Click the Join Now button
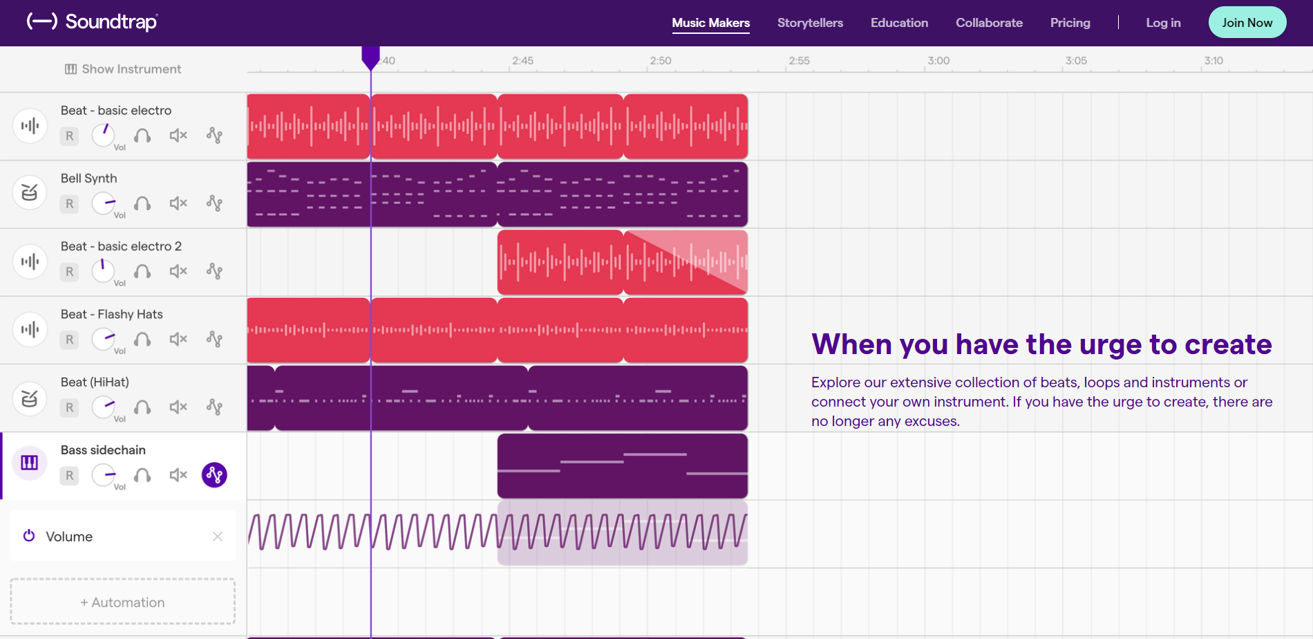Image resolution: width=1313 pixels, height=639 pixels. pos(1247,23)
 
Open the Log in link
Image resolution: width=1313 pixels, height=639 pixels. pos(1163,23)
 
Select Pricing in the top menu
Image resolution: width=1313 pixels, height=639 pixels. pos(1070,23)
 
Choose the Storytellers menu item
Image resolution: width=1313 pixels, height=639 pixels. pos(810,23)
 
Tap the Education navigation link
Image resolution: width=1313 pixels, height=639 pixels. pos(899,23)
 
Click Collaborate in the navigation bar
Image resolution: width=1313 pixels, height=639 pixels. pos(989,23)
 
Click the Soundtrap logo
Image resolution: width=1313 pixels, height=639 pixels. pos(93,22)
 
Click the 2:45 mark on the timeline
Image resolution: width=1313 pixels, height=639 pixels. pos(522,61)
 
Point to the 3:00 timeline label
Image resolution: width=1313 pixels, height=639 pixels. pos(938,61)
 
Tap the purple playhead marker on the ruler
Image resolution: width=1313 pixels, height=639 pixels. pos(370,57)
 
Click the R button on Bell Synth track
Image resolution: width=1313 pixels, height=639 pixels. pos(69,204)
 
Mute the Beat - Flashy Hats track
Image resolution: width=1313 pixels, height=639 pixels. pos(178,339)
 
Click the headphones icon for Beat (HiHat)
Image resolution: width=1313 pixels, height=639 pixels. pos(142,407)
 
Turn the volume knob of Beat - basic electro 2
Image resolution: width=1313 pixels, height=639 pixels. pos(103,270)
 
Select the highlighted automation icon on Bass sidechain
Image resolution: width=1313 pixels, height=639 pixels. pos(214,475)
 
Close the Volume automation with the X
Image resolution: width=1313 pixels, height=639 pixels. pos(218,537)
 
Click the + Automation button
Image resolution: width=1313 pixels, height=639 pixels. pos(122,602)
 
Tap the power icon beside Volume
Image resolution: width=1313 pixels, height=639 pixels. pos(29,536)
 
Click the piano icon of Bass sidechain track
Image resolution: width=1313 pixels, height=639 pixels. pos(29,463)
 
